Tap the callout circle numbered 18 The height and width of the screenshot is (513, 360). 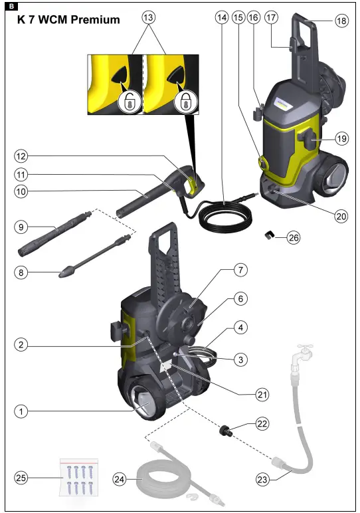pos(341,21)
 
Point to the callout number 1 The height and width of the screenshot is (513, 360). pos(22,412)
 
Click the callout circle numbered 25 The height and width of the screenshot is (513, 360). pos(22,477)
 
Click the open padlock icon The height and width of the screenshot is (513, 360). pos(126,102)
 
